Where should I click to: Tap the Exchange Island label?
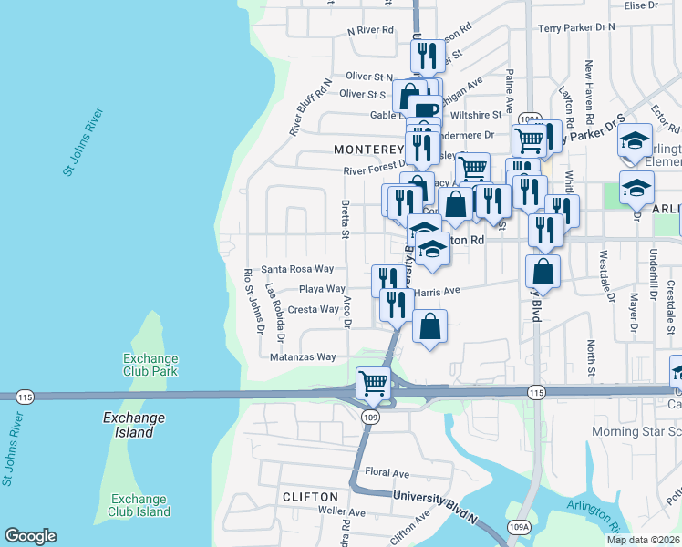(x=134, y=425)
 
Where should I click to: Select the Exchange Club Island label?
(x=140, y=505)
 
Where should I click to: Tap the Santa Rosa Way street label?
(x=296, y=270)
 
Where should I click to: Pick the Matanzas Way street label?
(x=303, y=357)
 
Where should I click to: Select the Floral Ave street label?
(x=387, y=473)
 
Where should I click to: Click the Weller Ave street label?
(x=342, y=512)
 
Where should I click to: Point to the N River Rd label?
(x=370, y=30)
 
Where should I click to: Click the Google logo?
(x=30, y=536)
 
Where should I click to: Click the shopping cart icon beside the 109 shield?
(x=373, y=384)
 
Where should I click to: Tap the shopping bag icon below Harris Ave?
(x=430, y=326)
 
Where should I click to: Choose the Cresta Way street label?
(x=313, y=310)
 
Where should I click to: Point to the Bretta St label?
(x=345, y=219)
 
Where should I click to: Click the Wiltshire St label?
(x=479, y=115)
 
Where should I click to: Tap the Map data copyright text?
(x=643, y=540)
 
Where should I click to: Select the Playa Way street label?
(x=322, y=289)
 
